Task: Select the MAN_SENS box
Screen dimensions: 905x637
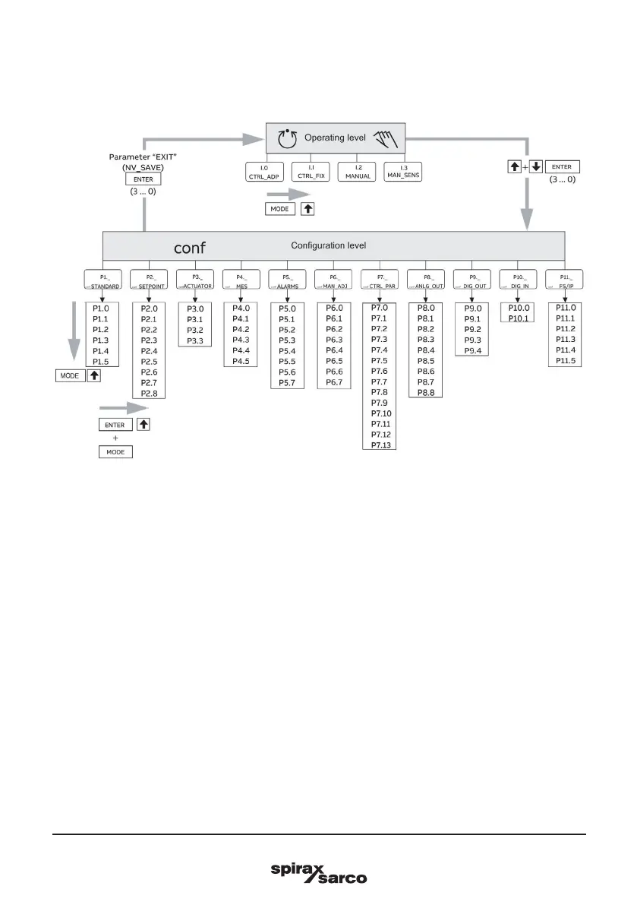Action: [x=402, y=170]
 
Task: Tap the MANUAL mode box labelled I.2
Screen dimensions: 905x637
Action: [x=357, y=170]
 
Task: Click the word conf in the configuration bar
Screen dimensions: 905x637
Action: [x=190, y=247]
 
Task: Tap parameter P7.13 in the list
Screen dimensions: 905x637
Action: [x=380, y=445]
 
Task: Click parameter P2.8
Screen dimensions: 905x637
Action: [x=150, y=393]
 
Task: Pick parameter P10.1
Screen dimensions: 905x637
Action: [x=518, y=318]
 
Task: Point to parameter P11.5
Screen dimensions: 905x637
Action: [x=565, y=361]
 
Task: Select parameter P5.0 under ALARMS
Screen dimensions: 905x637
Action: [x=287, y=309]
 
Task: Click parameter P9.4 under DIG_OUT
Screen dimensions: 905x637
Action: [x=472, y=350]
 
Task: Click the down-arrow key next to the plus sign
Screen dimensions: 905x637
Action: [x=537, y=166]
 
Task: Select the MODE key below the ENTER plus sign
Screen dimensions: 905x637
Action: [x=114, y=452]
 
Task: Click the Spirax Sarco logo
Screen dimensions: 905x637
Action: [x=319, y=872]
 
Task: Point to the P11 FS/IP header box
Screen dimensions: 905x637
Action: [x=565, y=281]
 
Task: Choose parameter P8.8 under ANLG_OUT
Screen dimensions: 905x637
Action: [x=426, y=393]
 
